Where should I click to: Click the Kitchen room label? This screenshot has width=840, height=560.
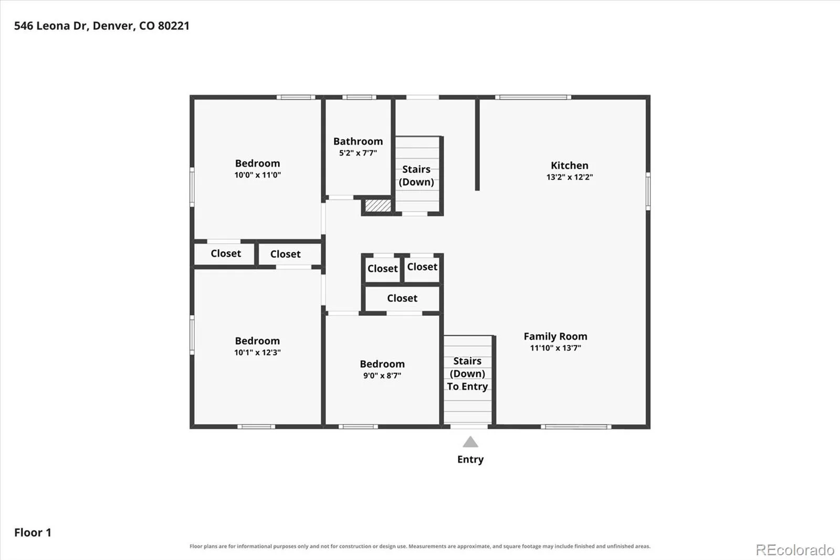click(569, 165)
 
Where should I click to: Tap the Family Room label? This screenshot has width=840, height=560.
click(555, 336)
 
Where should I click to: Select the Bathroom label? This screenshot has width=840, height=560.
click(358, 141)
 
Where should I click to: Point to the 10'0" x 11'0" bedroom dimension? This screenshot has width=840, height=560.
click(258, 175)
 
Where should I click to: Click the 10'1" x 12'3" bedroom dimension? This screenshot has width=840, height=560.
click(258, 352)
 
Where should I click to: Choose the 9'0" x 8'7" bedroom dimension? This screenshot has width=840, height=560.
click(382, 376)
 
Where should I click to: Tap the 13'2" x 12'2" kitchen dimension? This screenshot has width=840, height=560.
click(570, 177)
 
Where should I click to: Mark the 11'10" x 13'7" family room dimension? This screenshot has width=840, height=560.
click(555, 348)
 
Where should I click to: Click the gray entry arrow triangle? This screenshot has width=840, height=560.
click(470, 442)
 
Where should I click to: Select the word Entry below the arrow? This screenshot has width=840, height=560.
click(470, 460)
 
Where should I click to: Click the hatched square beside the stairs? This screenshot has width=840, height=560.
click(378, 206)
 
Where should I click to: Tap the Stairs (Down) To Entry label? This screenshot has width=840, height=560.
click(467, 374)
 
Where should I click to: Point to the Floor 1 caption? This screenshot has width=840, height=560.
click(33, 533)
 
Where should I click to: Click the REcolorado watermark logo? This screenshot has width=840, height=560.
click(795, 550)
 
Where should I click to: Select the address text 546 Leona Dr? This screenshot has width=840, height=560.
click(50, 26)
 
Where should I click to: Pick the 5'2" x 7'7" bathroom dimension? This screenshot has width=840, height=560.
click(358, 153)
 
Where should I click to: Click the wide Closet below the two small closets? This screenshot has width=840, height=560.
click(402, 298)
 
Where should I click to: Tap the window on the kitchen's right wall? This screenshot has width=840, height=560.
click(648, 191)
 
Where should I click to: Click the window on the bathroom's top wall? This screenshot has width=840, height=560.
click(359, 97)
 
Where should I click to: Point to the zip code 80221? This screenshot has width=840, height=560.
click(174, 26)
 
